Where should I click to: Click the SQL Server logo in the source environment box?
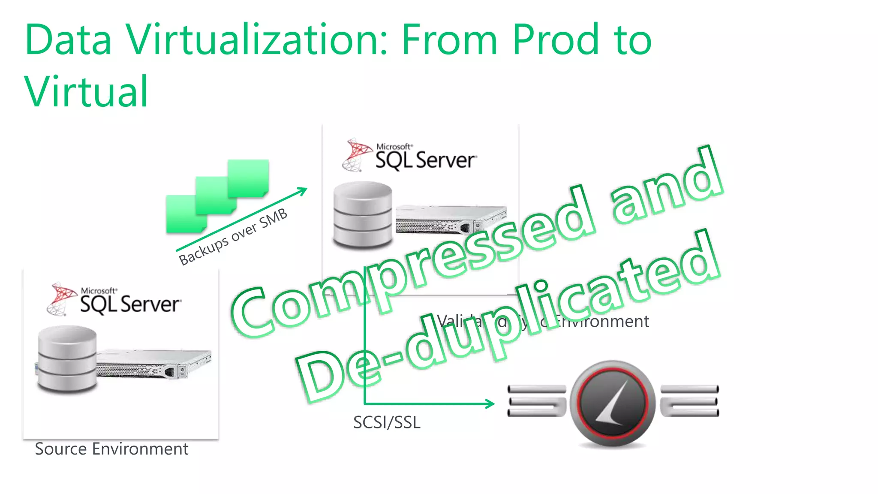click(x=115, y=299)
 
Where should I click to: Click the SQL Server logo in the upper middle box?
click(x=410, y=155)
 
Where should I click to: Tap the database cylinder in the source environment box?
click(x=67, y=359)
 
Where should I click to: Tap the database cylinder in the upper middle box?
click(x=363, y=215)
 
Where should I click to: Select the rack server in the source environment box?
click(x=154, y=364)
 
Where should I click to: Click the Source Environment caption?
click(x=111, y=449)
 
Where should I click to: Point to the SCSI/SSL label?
click(x=387, y=423)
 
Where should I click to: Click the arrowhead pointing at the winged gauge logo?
click(x=490, y=404)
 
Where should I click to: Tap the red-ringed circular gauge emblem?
click(x=612, y=403)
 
